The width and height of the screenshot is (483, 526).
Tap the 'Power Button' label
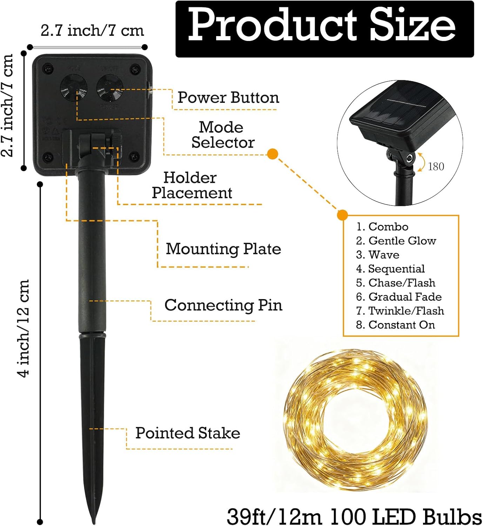coord(228,97)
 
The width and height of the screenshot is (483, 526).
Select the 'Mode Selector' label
coord(222,135)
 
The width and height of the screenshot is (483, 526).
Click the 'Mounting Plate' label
coord(223,249)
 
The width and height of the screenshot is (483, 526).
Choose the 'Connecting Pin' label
coord(223,305)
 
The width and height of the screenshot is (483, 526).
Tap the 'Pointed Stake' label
coord(188,433)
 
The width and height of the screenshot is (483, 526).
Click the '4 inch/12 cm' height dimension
coord(24,328)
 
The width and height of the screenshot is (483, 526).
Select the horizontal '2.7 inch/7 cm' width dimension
coord(92,31)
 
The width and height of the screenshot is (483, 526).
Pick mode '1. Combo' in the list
coord(382,227)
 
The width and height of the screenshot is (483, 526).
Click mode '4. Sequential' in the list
coord(390,269)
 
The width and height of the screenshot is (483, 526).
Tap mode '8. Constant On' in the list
coord(395,325)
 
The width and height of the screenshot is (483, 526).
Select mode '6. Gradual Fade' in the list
coord(399,297)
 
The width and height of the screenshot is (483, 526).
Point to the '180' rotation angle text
coord(436,166)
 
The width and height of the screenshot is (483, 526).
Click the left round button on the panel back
coord(74,88)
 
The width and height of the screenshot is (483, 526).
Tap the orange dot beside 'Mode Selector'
coord(273,154)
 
